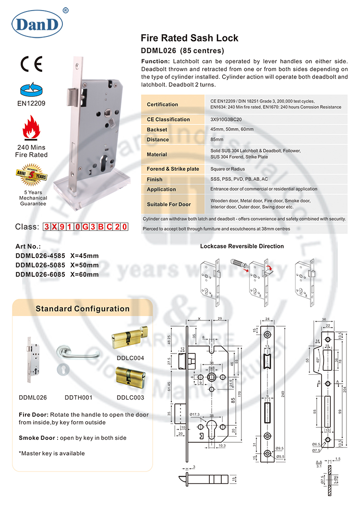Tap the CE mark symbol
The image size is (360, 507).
pos(32,64)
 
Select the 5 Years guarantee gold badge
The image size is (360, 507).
pos(32,177)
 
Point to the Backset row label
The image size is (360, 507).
pos(157,130)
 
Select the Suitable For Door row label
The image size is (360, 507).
pos(168,204)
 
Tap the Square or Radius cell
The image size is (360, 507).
pos(228,169)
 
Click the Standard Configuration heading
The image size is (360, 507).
pos(83,308)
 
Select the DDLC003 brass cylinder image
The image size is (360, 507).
pos(130,378)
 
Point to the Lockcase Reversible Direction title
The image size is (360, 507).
pos(241,246)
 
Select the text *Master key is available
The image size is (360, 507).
pos(52,453)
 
